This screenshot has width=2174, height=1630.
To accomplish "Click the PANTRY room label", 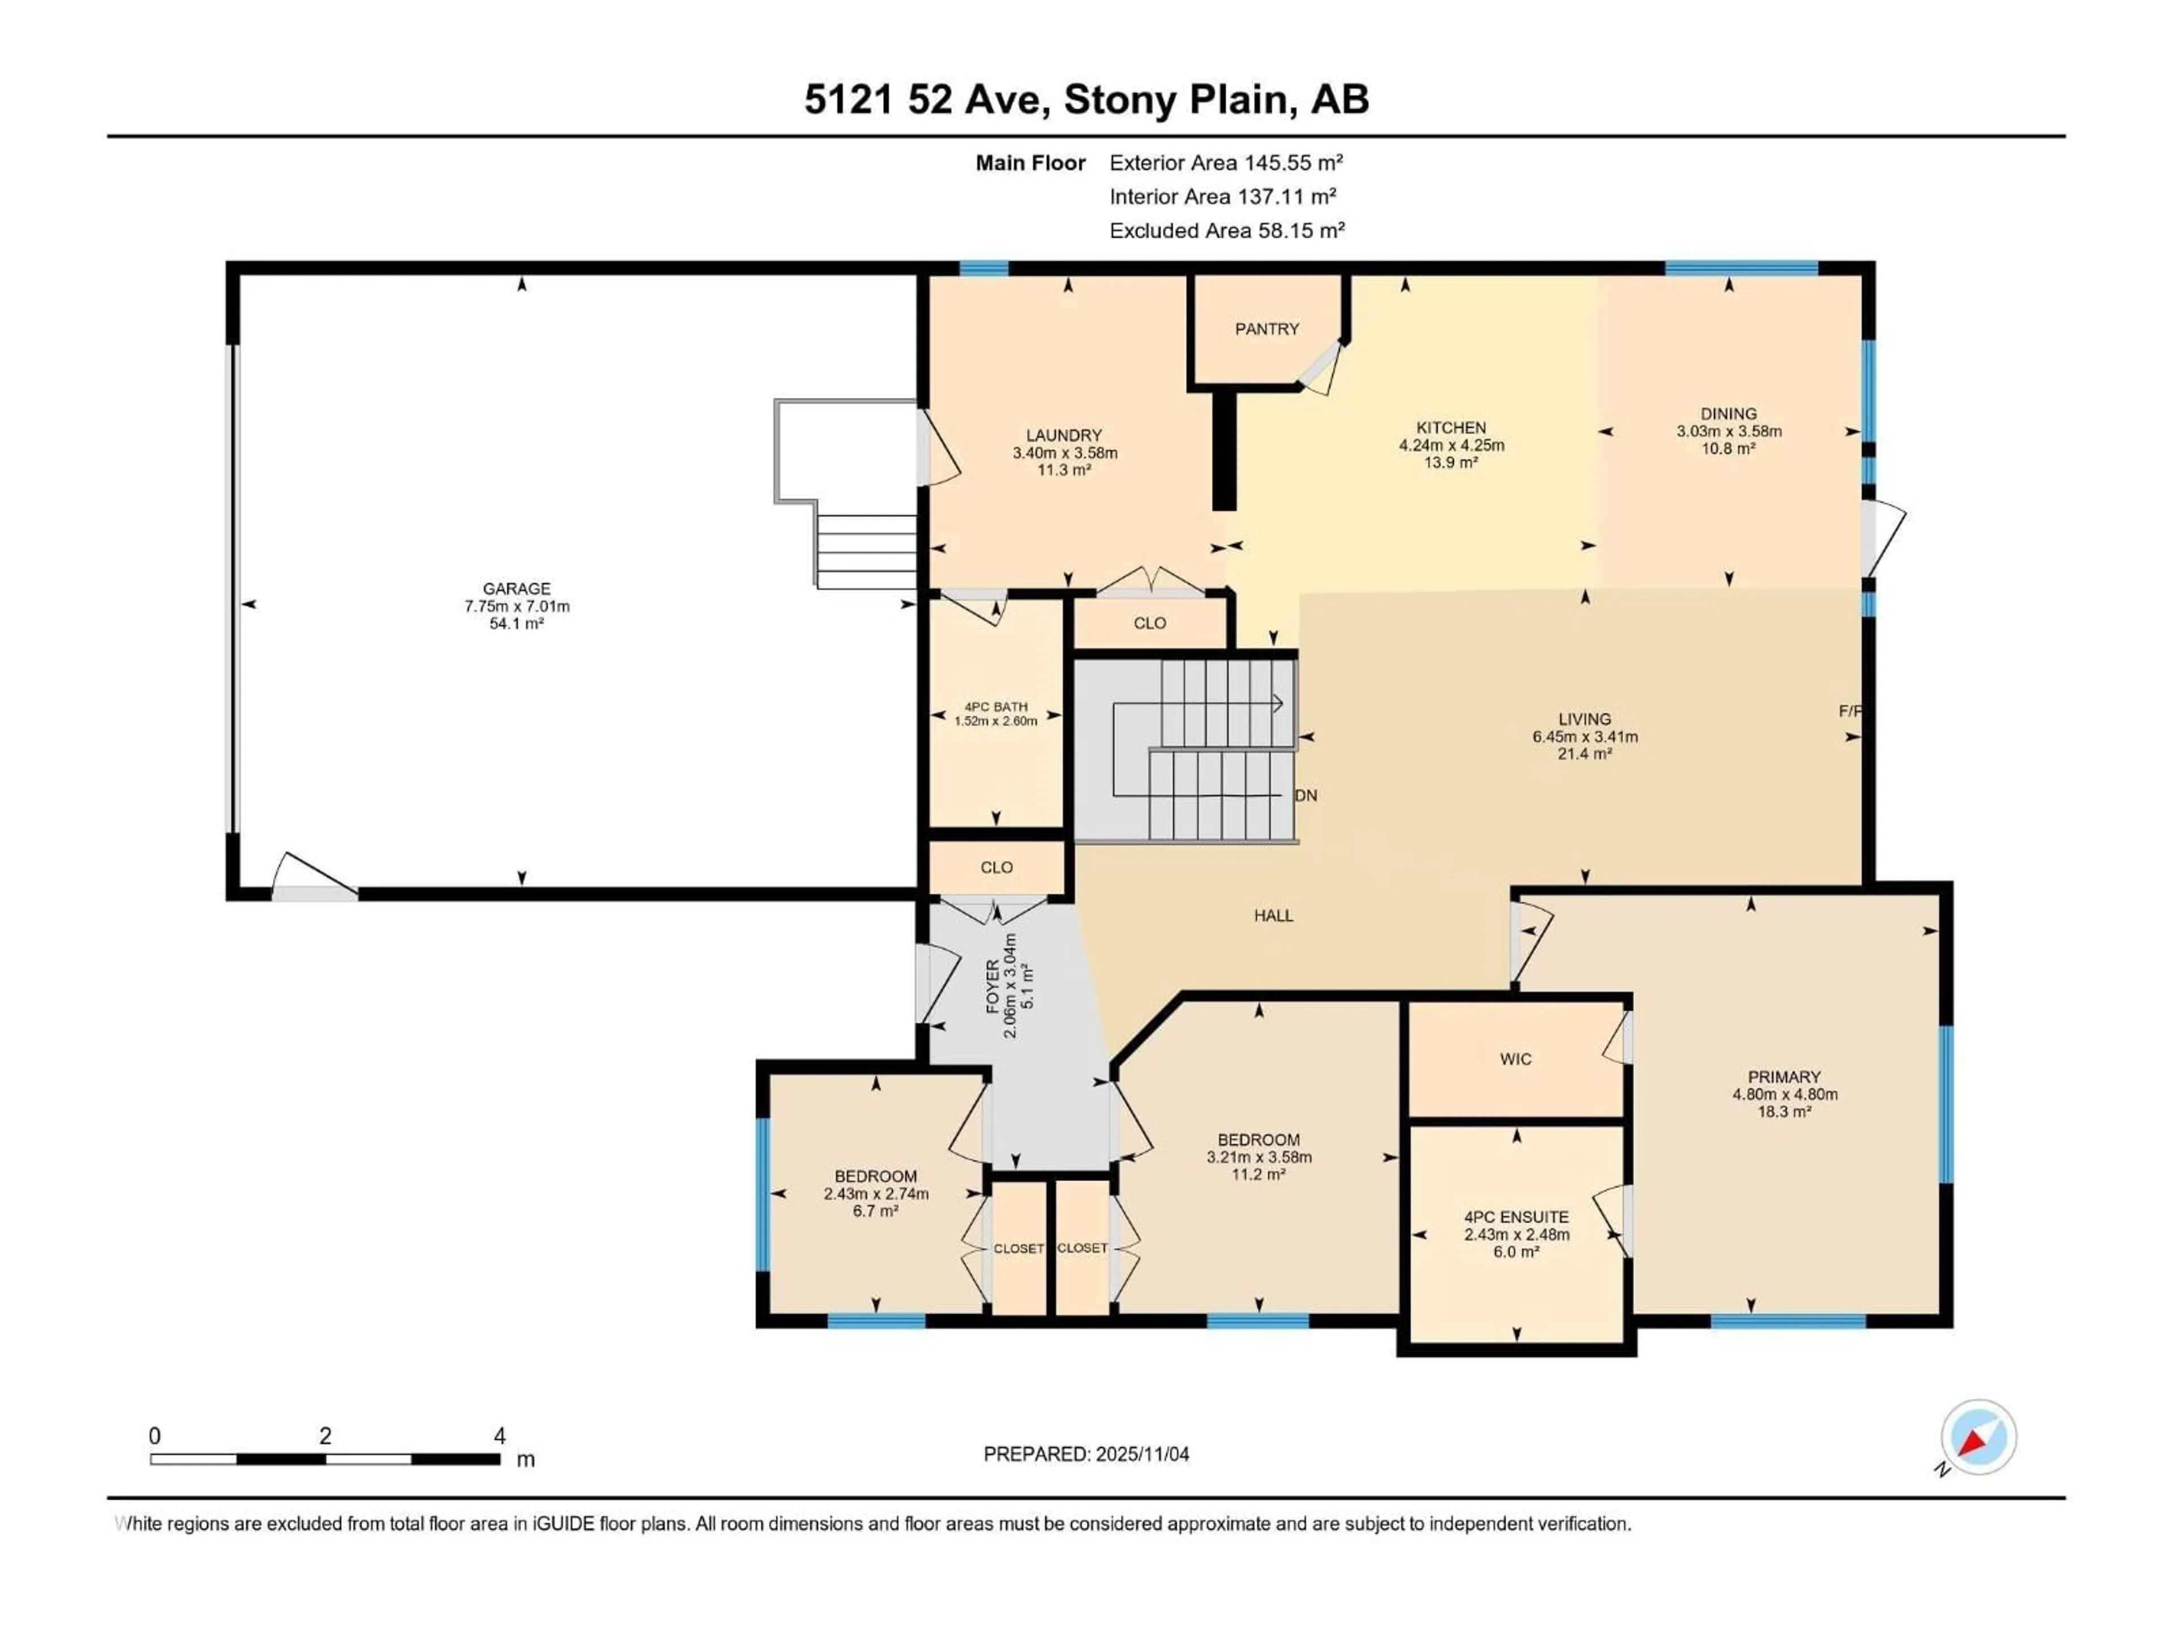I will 1267,329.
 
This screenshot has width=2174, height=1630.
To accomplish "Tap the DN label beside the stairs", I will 1306,796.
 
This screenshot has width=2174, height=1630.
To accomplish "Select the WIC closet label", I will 1516,1059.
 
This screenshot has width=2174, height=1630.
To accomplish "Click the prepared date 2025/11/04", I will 1141,1454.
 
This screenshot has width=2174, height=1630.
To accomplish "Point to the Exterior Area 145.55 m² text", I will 1226,163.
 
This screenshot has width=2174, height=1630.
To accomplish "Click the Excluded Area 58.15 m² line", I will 1226,231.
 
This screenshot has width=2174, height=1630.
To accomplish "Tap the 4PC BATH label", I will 996,706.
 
